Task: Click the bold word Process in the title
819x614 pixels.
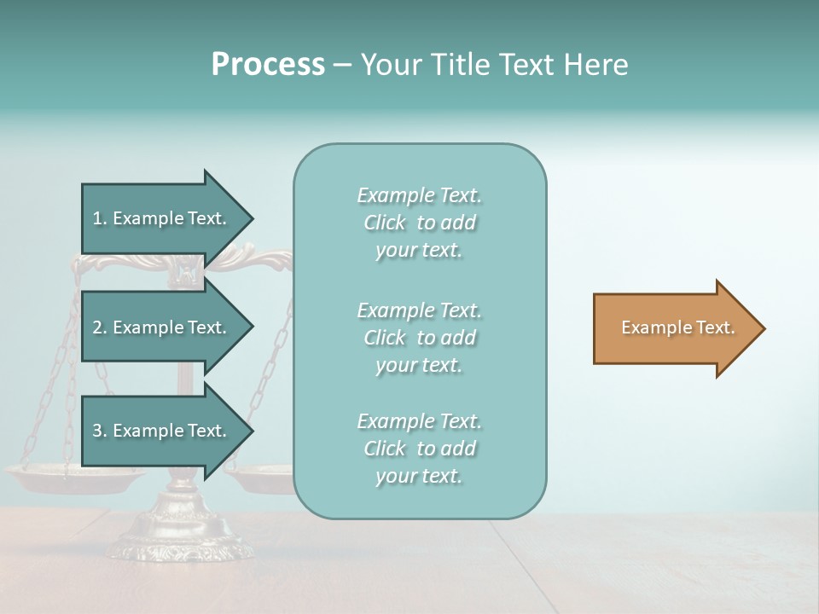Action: (x=268, y=65)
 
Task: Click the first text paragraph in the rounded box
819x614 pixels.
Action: (x=419, y=223)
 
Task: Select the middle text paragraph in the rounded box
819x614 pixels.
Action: (x=419, y=338)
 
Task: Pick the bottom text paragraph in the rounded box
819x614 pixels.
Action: (x=419, y=449)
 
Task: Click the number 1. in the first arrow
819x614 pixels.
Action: (x=100, y=218)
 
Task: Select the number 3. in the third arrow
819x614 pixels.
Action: (x=100, y=431)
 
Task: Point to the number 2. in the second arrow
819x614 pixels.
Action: (x=100, y=327)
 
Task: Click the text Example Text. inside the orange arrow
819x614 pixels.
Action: (x=677, y=327)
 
